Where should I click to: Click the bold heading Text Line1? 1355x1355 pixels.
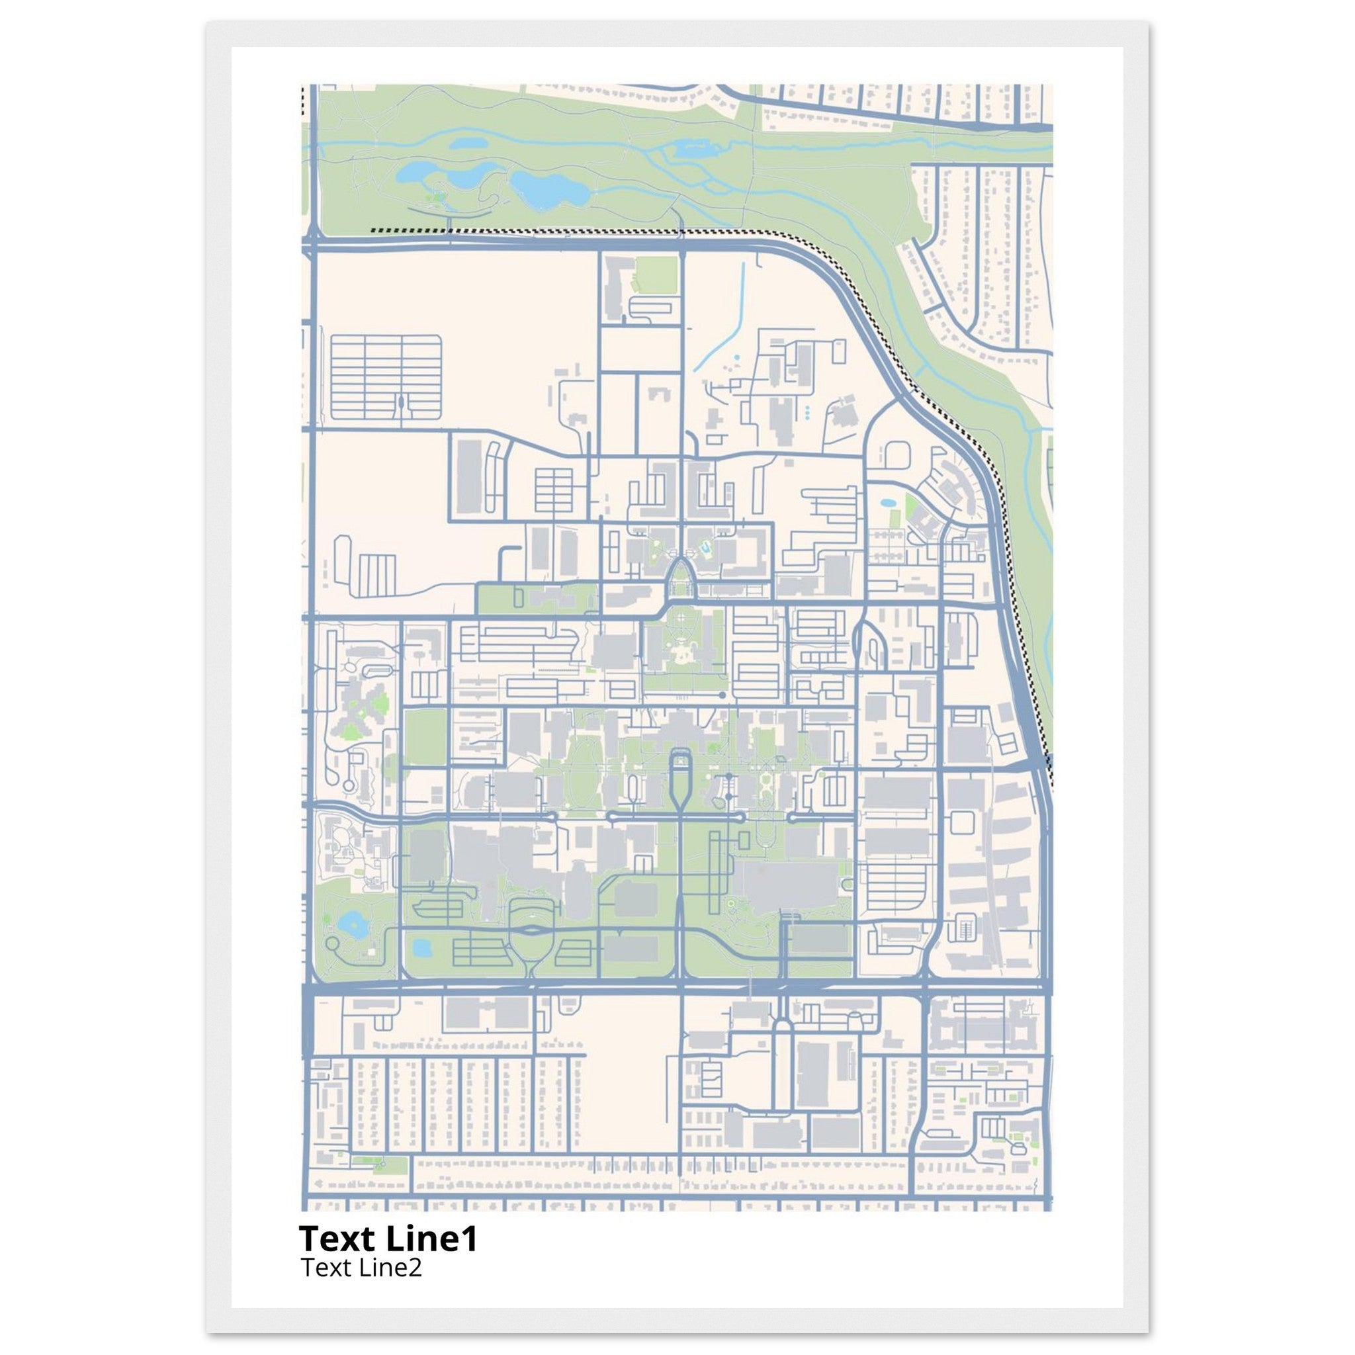tap(388, 1238)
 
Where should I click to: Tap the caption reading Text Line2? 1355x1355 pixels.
tap(361, 1266)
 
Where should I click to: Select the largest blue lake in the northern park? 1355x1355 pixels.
tap(548, 188)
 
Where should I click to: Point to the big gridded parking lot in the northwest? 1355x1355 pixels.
tap(385, 377)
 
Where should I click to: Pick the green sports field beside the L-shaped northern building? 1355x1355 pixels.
tap(656, 275)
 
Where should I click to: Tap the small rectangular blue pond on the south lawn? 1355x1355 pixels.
tap(421, 948)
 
